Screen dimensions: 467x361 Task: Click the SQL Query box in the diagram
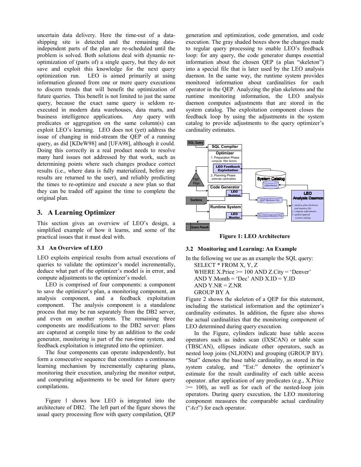[x=196, y=143]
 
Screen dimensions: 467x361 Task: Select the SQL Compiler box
[x=225, y=147]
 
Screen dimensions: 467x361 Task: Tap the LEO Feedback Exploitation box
[x=228, y=168]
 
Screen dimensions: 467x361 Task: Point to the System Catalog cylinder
[x=271, y=179]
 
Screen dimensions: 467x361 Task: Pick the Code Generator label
[x=225, y=187]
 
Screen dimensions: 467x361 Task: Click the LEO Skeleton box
[x=234, y=193]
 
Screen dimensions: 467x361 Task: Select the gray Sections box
[x=196, y=200]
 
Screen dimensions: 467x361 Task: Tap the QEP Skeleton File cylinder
[x=270, y=200]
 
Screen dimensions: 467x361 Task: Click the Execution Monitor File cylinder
[x=270, y=216]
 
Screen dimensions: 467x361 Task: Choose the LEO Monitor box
[x=234, y=215]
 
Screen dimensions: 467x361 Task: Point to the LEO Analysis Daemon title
[x=308, y=196]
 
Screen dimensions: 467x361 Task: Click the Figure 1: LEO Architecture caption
[x=255, y=236]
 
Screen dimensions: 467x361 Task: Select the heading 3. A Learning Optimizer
[x=76, y=212]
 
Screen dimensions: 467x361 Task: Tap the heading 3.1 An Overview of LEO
[x=70, y=248]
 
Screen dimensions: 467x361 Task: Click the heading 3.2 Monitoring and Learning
[x=241, y=249]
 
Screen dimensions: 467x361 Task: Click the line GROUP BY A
[x=211, y=292]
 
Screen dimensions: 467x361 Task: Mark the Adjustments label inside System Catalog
[x=271, y=186]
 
